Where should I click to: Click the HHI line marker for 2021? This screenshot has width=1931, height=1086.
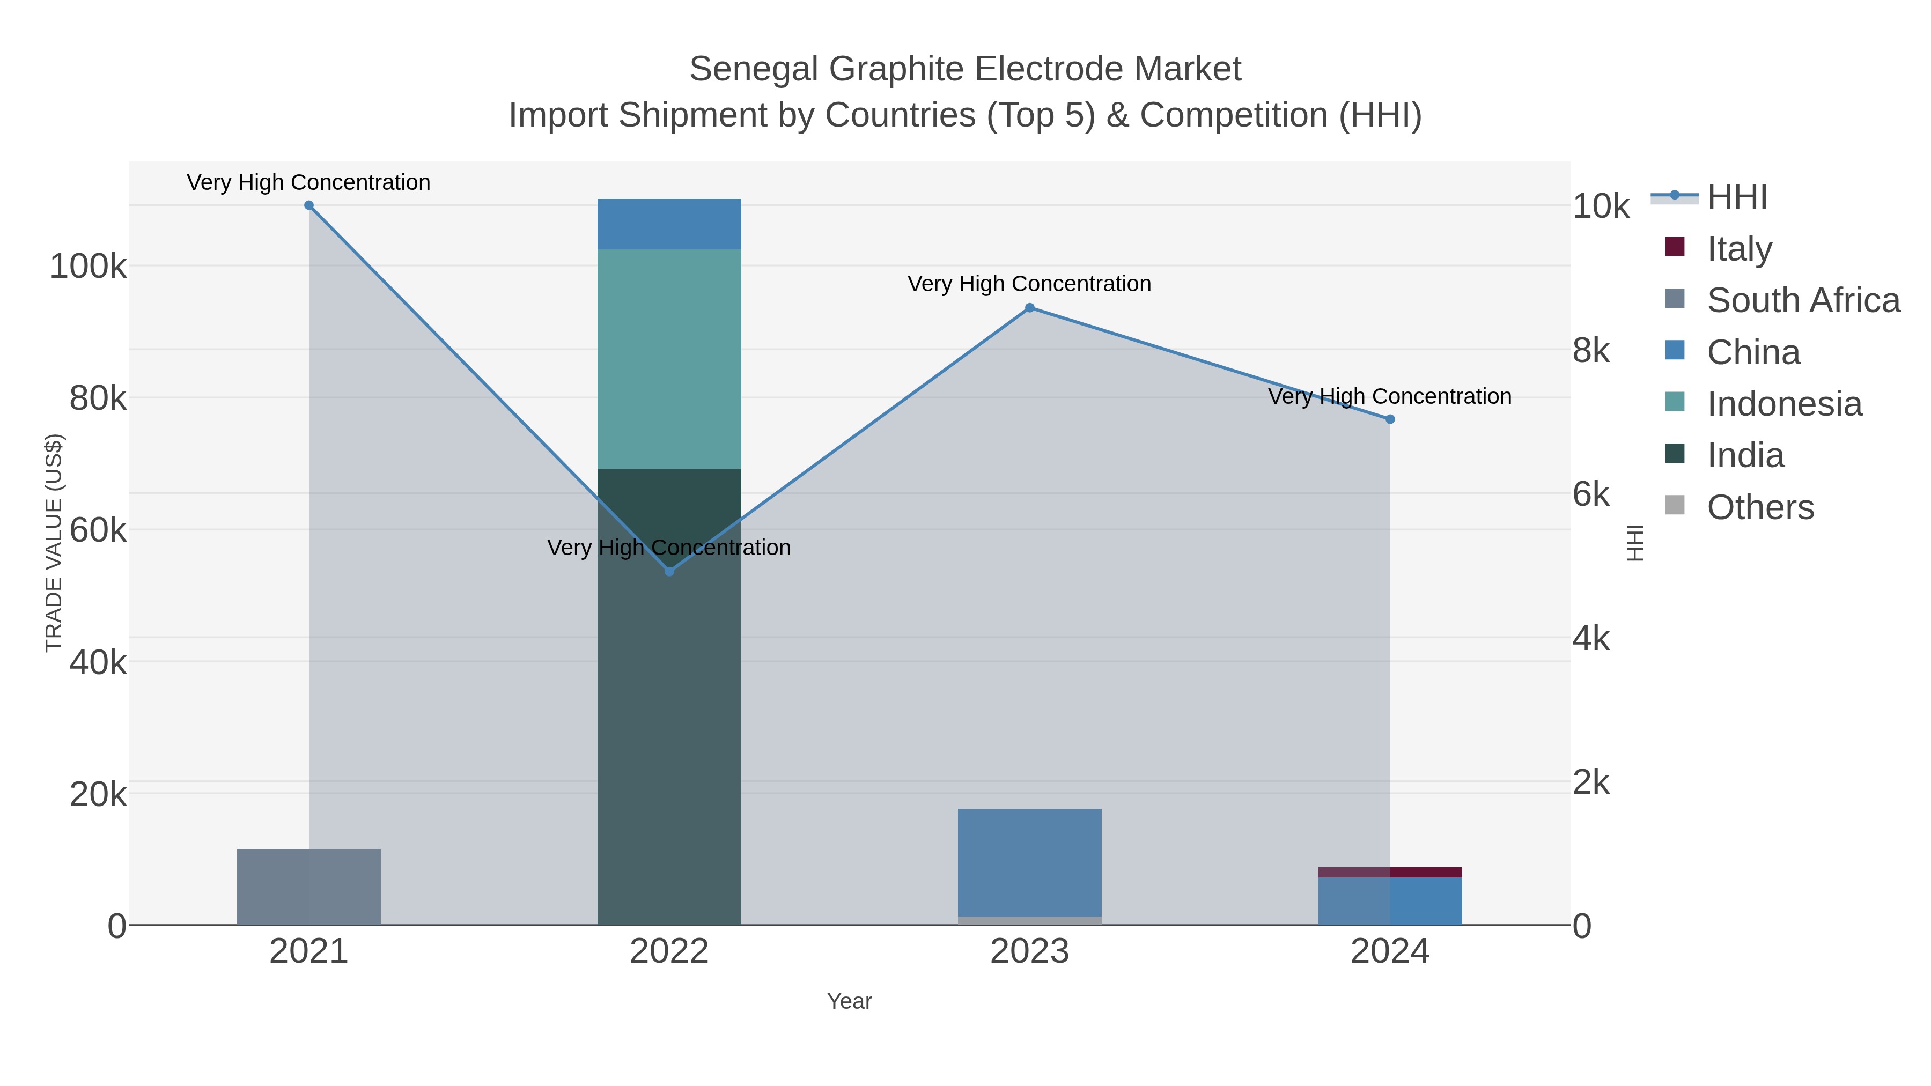(x=309, y=205)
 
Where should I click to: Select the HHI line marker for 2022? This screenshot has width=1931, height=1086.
(x=669, y=572)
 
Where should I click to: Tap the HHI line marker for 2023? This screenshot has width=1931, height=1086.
(x=1030, y=308)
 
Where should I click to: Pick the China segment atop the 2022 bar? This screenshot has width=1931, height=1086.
(x=669, y=224)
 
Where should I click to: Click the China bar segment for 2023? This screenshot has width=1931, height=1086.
(x=1030, y=862)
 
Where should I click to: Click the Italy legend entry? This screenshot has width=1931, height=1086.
(x=1739, y=249)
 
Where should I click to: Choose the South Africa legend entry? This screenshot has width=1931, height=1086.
(x=1803, y=300)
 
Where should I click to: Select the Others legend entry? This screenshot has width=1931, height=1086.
(x=1760, y=507)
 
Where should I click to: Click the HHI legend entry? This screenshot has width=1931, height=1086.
(x=1736, y=197)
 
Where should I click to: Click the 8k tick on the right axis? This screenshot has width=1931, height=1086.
(x=1591, y=351)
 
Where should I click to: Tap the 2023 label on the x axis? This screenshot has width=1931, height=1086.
(x=1030, y=952)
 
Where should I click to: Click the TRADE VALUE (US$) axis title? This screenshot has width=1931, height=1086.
(x=54, y=543)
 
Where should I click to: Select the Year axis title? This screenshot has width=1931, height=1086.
(x=849, y=1001)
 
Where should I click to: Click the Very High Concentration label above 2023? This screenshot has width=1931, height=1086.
(x=1029, y=284)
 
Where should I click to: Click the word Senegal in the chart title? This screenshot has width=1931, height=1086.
(x=754, y=69)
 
